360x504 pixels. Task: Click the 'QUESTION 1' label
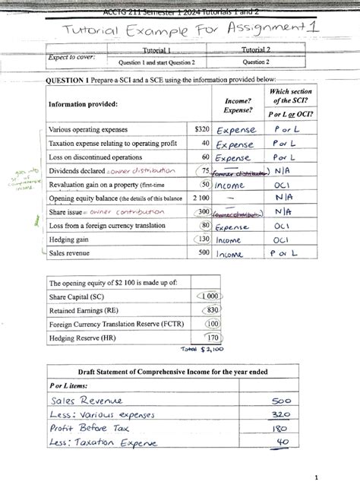[69, 80]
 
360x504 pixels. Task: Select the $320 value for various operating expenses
[201, 129]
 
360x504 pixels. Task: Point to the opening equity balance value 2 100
[201, 198]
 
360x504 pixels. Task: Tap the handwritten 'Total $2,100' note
[196, 350]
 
